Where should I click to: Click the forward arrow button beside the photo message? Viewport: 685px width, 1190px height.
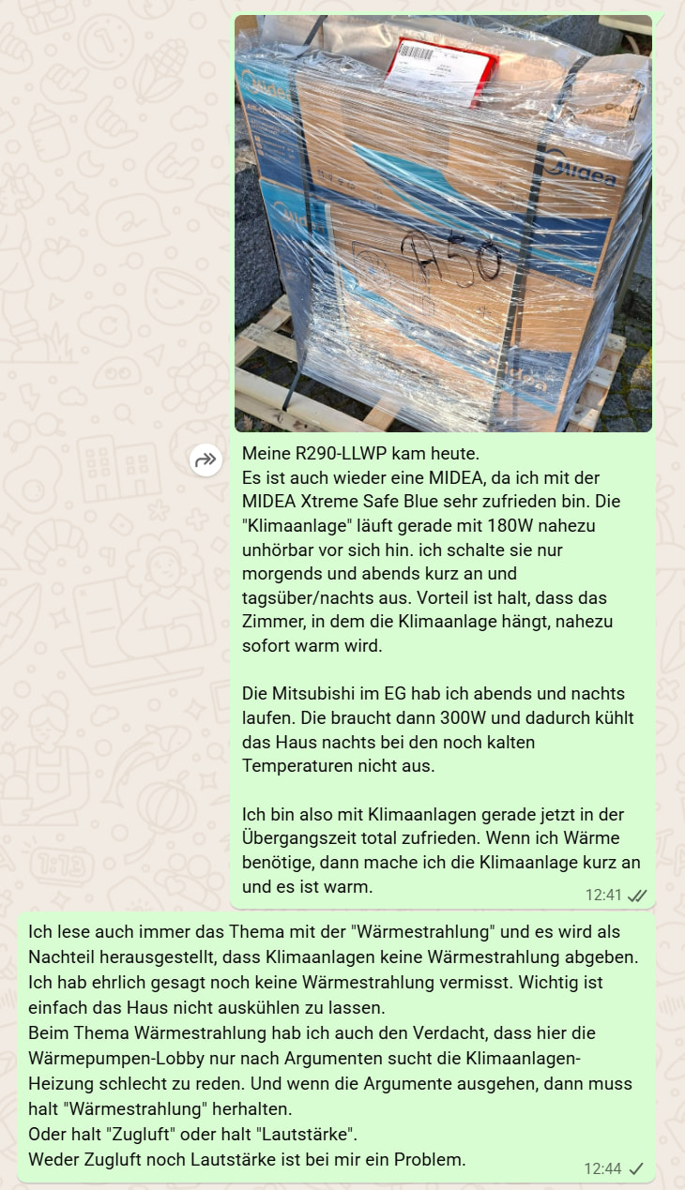coord(205,459)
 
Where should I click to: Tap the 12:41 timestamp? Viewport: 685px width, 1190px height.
coord(603,895)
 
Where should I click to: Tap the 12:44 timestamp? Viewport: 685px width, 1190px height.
coord(602,1168)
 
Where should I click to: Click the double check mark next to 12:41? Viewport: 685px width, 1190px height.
coord(637,895)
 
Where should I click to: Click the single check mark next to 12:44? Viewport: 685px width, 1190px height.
coord(636,1168)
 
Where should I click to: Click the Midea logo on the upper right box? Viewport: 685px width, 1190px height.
coord(581,173)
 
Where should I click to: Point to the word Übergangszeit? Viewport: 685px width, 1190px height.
coord(298,838)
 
